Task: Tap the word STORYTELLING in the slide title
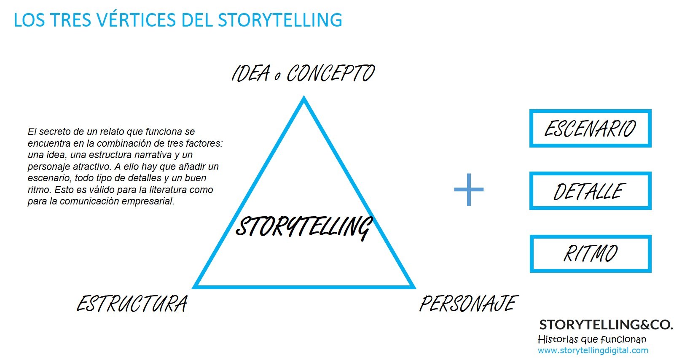[x=280, y=20]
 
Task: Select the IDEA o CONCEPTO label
[x=303, y=74]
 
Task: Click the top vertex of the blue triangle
[x=303, y=99]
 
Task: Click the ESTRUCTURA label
[x=132, y=304]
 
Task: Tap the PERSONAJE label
[x=469, y=304]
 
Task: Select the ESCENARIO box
[x=590, y=129]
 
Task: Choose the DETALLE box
[x=590, y=191]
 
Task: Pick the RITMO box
[x=590, y=254]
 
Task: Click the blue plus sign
[x=469, y=190]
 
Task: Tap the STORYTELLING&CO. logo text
[x=606, y=325]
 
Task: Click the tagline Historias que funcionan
[x=592, y=339]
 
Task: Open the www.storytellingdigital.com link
[x=593, y=350]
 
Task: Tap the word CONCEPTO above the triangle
[x=330, y=74]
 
